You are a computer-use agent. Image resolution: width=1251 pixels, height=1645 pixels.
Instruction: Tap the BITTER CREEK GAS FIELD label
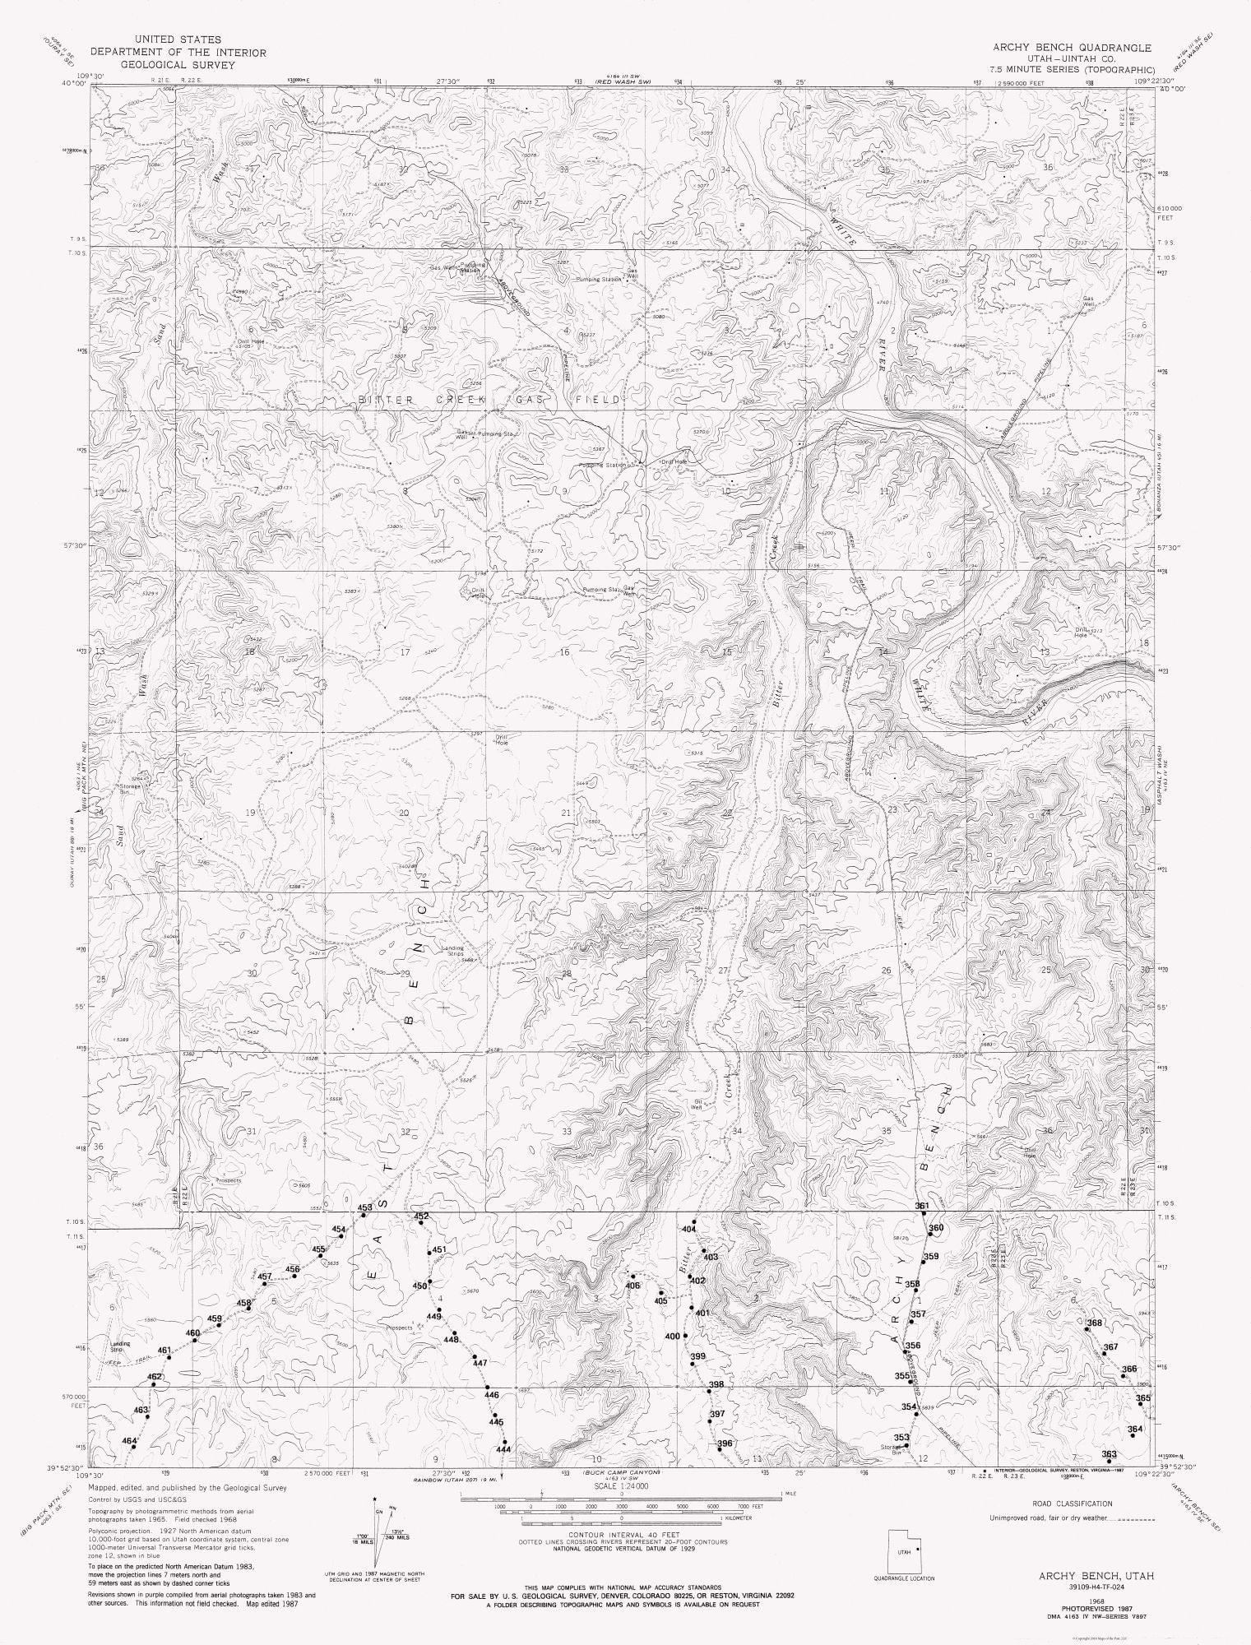489,400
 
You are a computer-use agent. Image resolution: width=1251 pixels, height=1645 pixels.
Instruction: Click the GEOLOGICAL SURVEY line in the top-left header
178,63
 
